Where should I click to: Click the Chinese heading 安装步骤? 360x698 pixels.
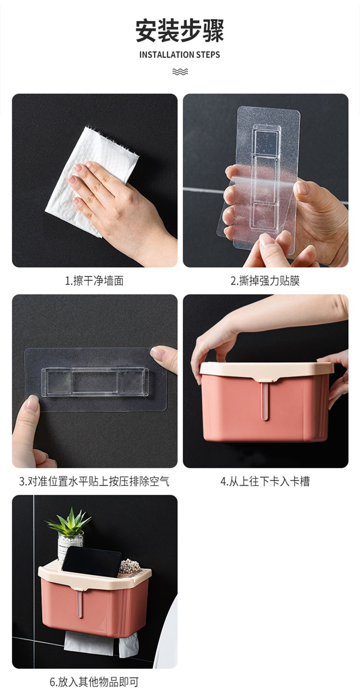(180, 31)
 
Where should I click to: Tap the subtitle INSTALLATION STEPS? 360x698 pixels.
(180, 55)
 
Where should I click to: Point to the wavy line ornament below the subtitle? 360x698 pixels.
(180, 72)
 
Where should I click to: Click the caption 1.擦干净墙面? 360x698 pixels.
(94, 281)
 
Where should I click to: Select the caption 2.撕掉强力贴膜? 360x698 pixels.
(265, 281)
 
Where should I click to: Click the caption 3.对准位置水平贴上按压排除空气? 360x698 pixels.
(94, 481)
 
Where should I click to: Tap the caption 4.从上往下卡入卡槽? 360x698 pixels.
(265, 481)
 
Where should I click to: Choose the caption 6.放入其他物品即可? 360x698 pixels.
(94, 682)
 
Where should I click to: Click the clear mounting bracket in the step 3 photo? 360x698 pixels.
(95, 382)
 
